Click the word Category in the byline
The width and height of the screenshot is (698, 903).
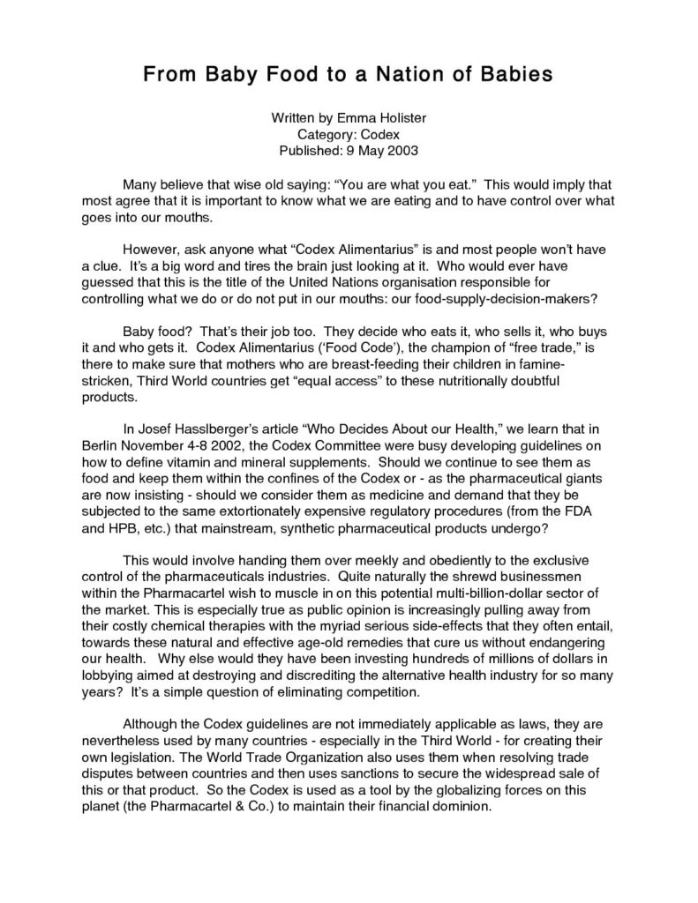pos(326,134)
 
